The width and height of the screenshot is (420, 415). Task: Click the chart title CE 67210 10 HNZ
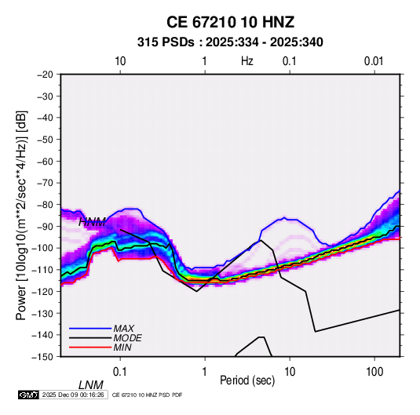pos(230,22)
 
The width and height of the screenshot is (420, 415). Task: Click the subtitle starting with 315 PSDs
pos(230,42)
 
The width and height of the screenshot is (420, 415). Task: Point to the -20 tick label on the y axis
pos(45,75)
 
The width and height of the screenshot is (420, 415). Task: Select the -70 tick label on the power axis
pos(45,183)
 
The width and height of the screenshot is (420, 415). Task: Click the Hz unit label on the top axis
pos(247,61)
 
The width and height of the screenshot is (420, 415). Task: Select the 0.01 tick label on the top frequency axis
pos(374,61)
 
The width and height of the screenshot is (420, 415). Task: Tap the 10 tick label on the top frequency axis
pos(120,61)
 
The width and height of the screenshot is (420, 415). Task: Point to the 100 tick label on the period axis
pos(374,372)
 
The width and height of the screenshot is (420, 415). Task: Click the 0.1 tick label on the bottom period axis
pos(119,372)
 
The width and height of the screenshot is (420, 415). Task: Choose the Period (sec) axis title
pos(247,380)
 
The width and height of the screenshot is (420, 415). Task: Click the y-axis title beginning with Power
pos(21,215)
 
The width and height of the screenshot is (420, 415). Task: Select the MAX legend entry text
pos(124,328)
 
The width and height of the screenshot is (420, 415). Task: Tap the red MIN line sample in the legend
pos(90,348)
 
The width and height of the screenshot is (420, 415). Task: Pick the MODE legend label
pos(127,338)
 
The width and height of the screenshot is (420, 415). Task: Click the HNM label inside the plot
pos(92,222)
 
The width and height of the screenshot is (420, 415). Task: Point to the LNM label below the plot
pos(91,385)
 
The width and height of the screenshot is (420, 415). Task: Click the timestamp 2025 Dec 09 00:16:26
pos(73,395)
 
